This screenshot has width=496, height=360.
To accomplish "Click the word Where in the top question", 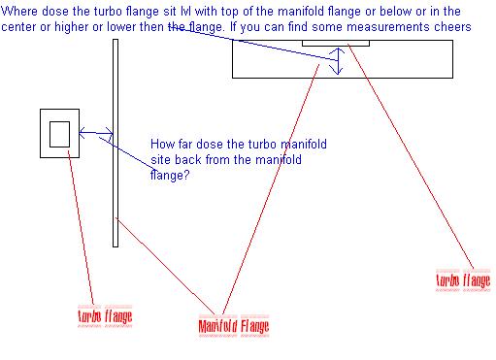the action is (19, 12).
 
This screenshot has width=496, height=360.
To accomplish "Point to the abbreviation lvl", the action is (186, 12).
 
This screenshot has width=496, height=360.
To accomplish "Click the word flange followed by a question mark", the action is (170, 176).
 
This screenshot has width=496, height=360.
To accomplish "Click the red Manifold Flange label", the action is (234, 326).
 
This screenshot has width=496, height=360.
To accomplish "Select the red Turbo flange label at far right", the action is (463, 280).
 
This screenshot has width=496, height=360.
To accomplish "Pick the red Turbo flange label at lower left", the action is (105, 316).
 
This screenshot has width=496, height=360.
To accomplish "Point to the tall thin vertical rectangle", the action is (116, 143).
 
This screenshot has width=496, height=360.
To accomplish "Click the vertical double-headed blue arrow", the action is (338, 61).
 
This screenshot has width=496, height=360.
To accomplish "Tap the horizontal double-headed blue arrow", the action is (96, 133).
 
